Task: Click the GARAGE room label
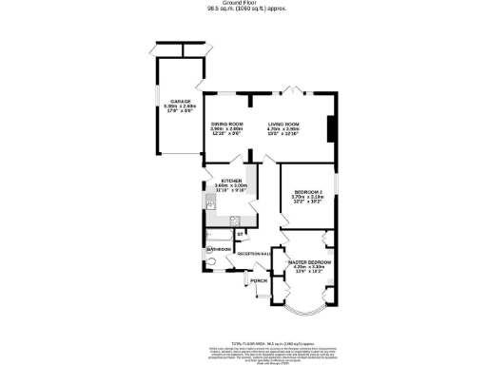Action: pos(181,101)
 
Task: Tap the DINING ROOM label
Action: pos(227,125)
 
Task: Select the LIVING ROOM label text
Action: pos(283,125)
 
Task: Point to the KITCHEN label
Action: pos(233,181)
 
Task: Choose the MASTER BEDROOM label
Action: pos(309,261)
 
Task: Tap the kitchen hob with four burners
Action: pos(234,220)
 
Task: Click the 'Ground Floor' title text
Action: pos(244,4)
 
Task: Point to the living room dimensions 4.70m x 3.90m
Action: pos(283,130)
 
